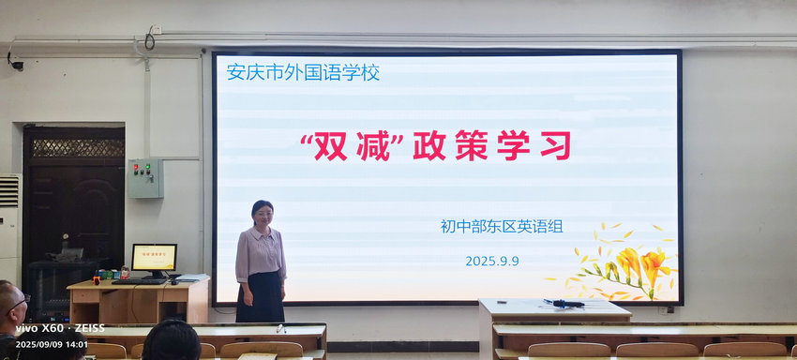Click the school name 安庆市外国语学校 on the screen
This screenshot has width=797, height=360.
point(303,72)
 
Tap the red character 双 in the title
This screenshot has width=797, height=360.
point(331,145)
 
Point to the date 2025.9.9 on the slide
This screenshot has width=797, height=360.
point(492,261)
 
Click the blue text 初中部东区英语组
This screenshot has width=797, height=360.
point(502,226)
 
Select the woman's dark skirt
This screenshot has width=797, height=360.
point(261,296)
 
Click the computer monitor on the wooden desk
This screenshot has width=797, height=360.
point(154,260)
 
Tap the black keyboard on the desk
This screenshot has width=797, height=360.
point(140,281)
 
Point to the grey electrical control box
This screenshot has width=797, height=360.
point(145,178)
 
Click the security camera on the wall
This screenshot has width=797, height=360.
point(15,63)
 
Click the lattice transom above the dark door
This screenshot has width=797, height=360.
point(78,147)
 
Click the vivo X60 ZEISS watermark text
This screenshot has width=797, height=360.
point(60,328)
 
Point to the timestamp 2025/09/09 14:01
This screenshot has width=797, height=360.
point(52,344)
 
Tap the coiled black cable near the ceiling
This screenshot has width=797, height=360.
point(149,39)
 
